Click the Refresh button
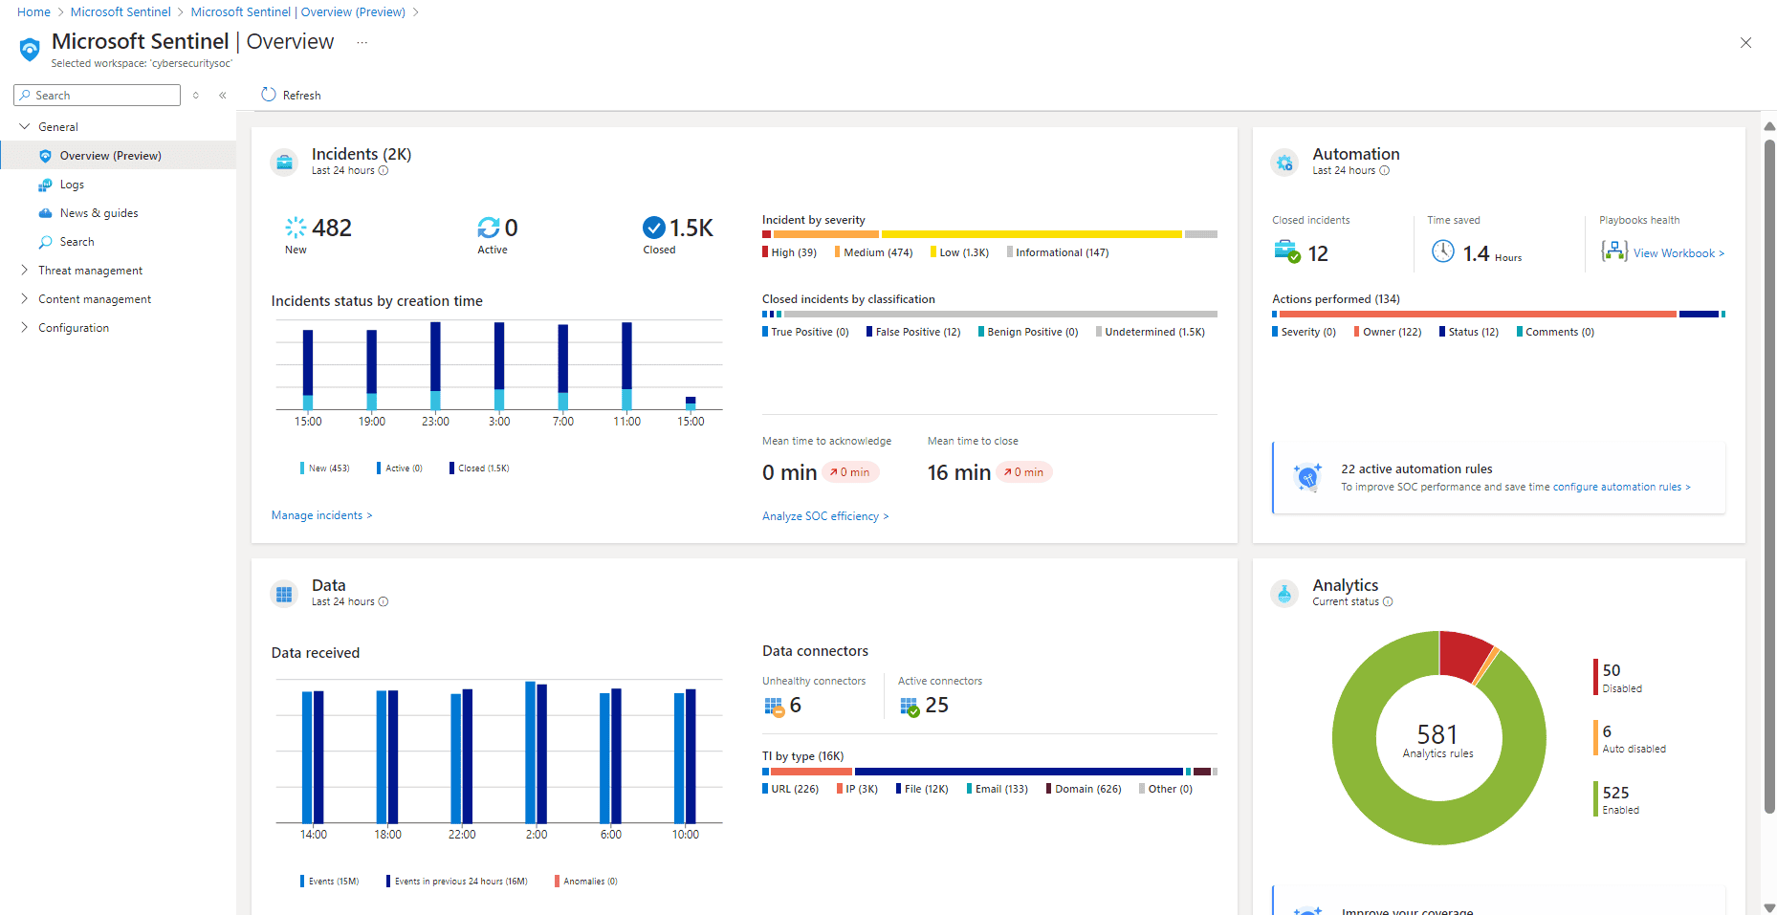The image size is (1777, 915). tap(291, 95)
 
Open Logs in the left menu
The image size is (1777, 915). tap(72, 185)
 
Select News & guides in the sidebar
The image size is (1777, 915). tap(99, 213)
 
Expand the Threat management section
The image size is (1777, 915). tap(90, 271)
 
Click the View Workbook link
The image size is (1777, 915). tap(1678, 253)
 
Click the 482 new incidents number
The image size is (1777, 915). tap(331, 228)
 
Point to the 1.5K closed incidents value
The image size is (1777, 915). tap(691, 228)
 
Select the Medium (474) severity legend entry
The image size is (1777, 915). tap(877, 252)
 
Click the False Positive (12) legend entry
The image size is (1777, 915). tap(916, 332)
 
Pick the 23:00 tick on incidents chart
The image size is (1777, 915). tap(435, 422)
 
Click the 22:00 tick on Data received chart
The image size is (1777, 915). tap(462, 835)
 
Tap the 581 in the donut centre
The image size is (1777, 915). tap(1437, 734)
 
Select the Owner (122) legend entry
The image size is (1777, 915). tap(1391, 332)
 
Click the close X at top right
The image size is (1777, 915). tap(1745, 43)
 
